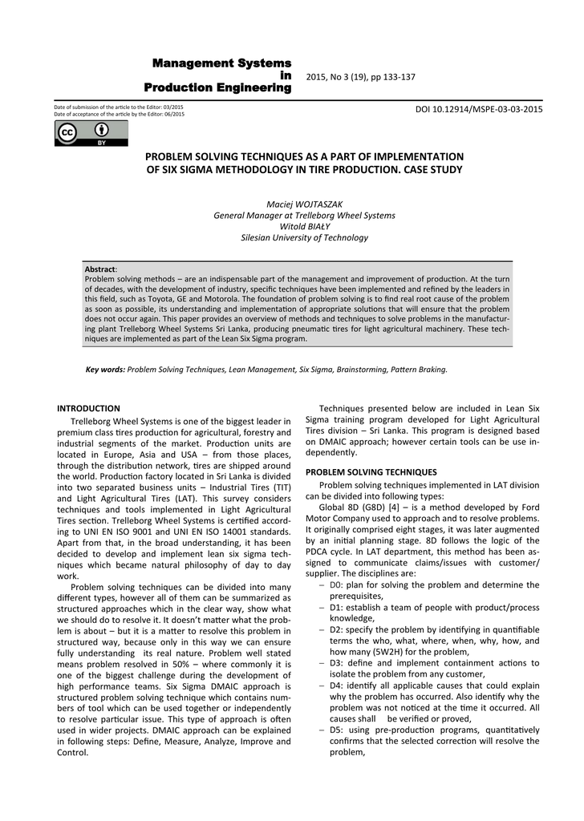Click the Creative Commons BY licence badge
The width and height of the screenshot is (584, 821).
[79, 133]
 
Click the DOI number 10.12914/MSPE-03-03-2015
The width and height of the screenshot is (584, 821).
[479, 109]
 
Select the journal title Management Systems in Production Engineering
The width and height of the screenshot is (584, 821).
[217, 75]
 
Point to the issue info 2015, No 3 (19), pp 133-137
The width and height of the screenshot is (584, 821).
[361, 76]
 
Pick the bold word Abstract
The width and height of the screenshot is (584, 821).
[100, 269]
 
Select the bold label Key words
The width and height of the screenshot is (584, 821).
[105, 370]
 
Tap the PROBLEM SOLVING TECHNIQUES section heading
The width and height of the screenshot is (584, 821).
[371, 472]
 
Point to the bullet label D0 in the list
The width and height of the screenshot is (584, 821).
[336, 584]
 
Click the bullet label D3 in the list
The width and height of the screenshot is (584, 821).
[336, 663]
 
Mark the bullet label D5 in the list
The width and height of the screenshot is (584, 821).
[336, 730]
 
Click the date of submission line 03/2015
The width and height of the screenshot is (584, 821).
[118, 107]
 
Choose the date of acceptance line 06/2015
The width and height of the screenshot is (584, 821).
[119, 114]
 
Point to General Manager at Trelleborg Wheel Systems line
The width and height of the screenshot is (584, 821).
[304, 215]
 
